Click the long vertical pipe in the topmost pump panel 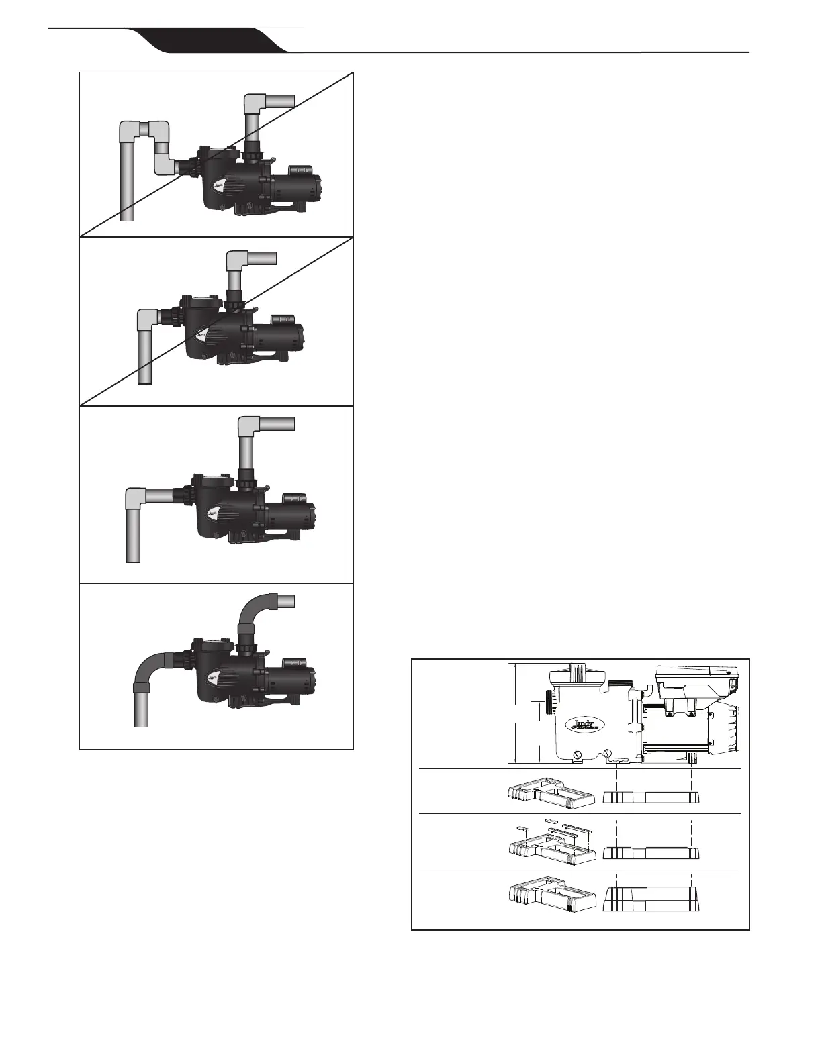tap(127, 174)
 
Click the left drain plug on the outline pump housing tap(576, 756)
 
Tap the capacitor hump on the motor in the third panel tap(295, 498)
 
